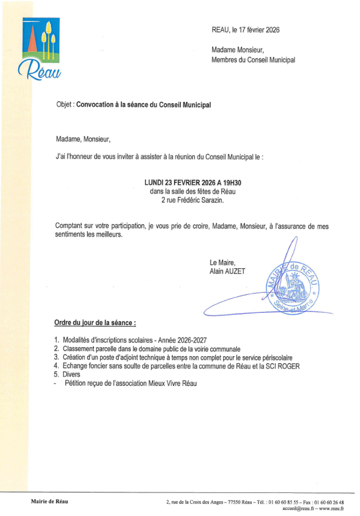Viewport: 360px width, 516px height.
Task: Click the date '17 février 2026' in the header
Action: click(x=258, y=30)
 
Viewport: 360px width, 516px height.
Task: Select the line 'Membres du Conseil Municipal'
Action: click(x=253, y=60)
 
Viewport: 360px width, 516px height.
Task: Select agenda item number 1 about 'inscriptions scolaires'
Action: click(x=135, y=340)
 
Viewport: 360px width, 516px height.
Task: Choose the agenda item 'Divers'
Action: click(x=71, y=375)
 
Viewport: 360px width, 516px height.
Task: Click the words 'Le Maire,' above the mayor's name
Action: click(x=222, y=263)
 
